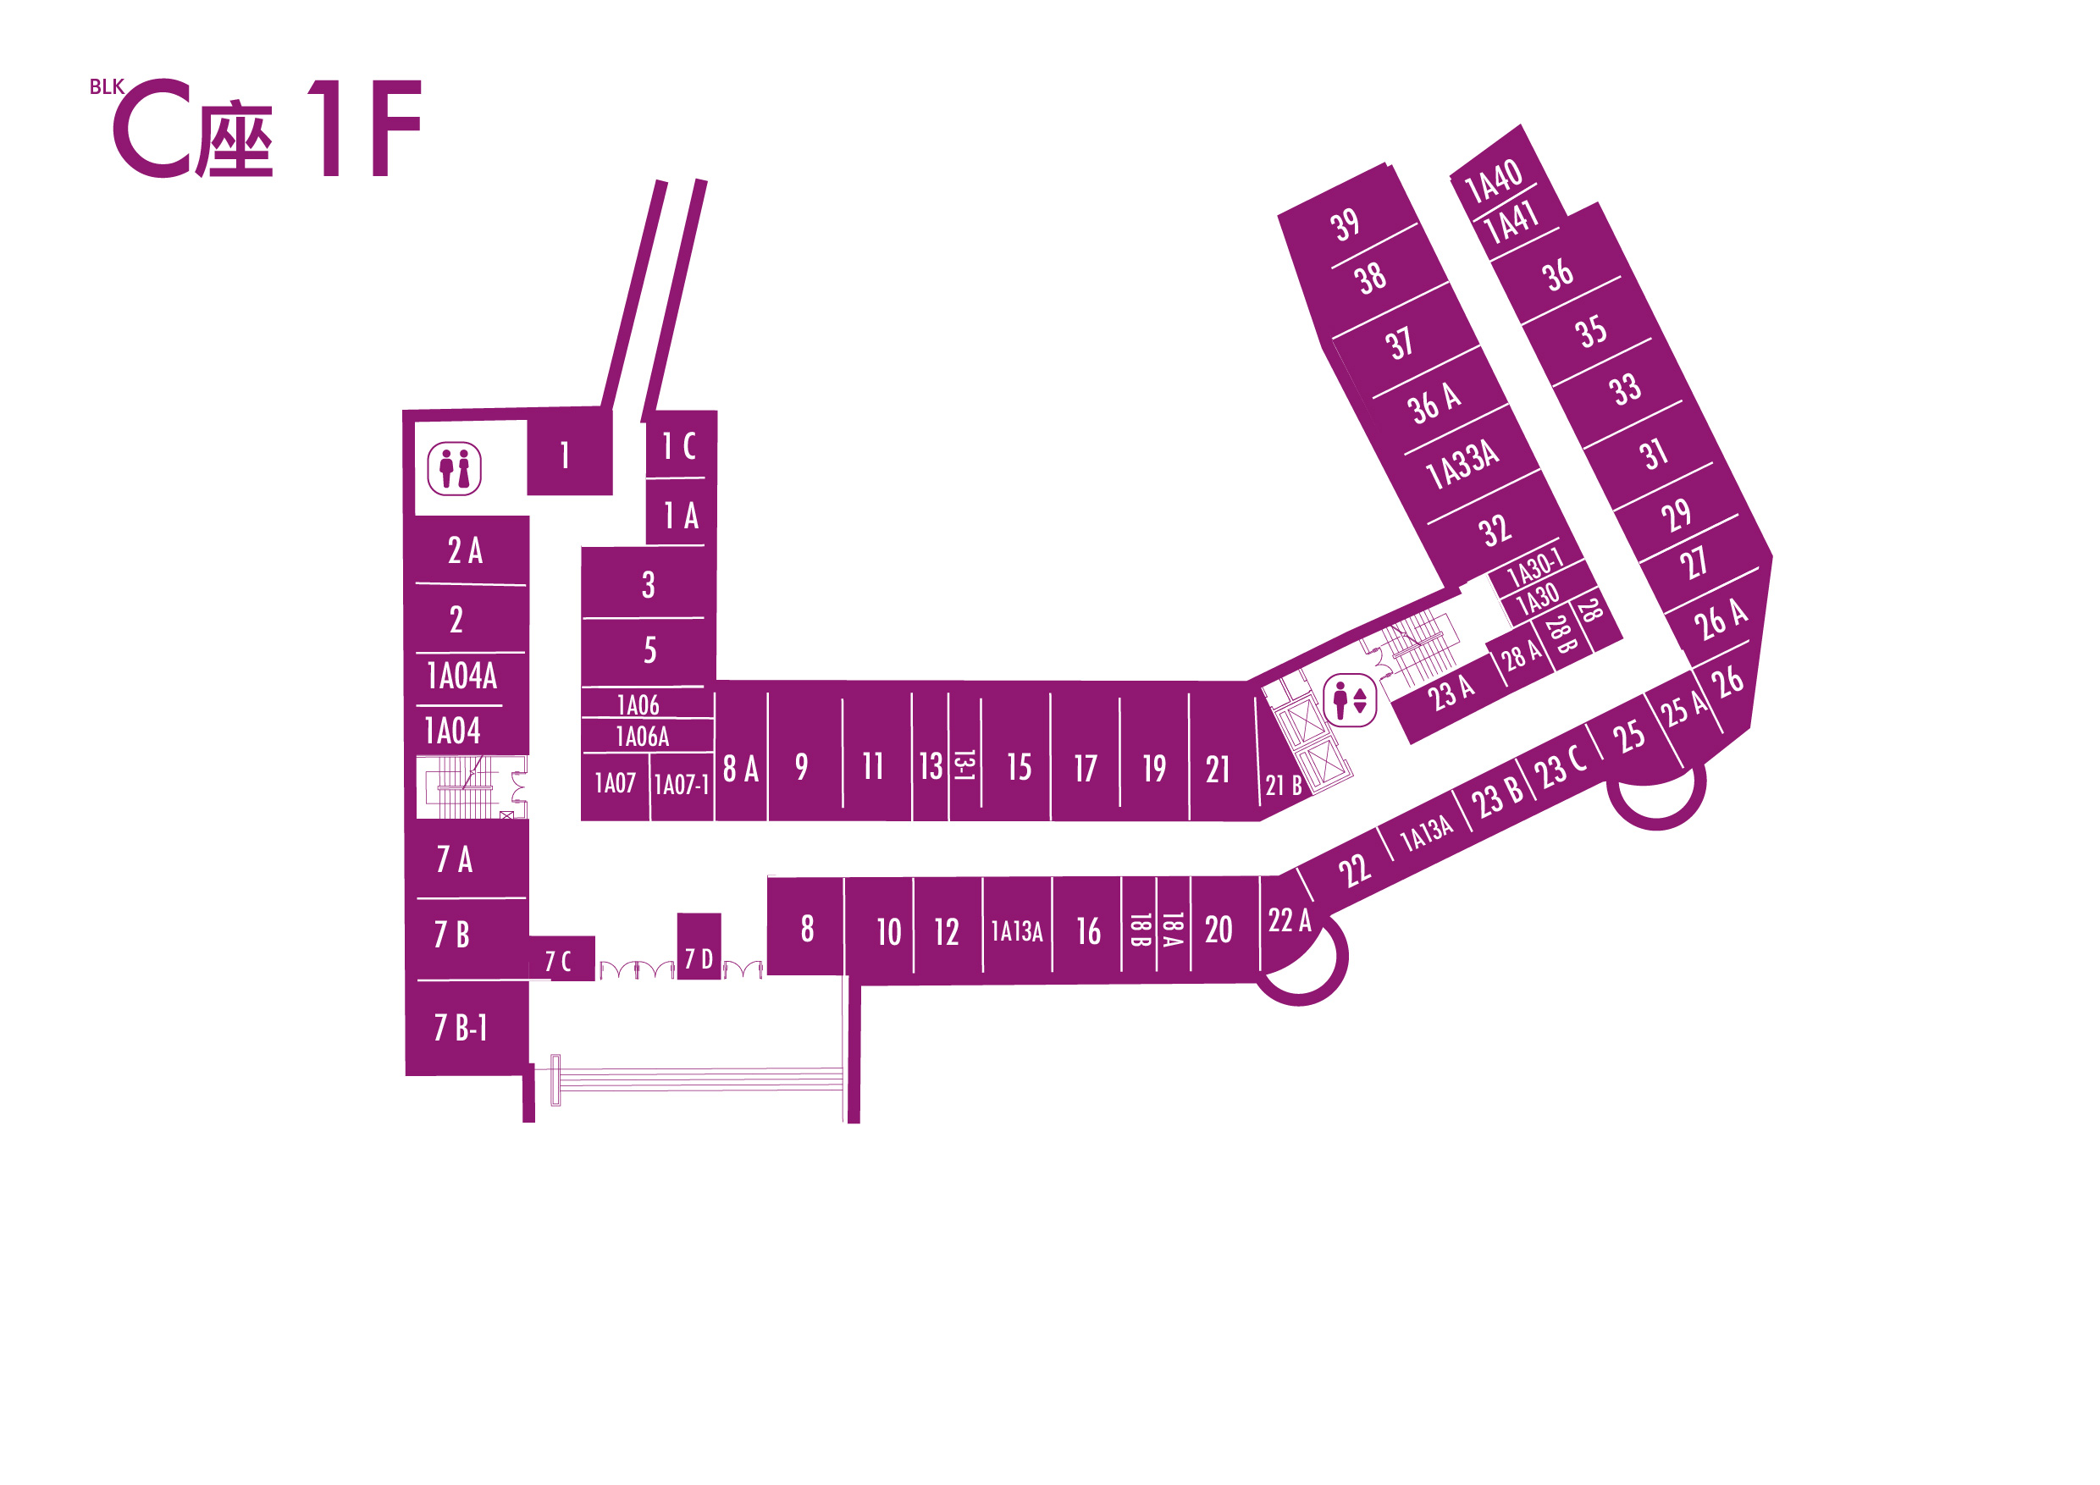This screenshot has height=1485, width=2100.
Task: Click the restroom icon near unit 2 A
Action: (455, 469)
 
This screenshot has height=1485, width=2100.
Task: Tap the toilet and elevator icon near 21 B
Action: (1349, 700)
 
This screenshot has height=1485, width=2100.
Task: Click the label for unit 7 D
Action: (699, 958)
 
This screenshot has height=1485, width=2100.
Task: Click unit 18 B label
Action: (1139, 930)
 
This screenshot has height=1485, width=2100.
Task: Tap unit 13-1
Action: (964, 765)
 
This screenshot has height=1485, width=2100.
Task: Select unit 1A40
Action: (1494, 180)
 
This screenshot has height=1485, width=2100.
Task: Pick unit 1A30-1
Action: (1534, 568)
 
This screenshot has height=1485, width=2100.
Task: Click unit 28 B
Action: (1561, 633)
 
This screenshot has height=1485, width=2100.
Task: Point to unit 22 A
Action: (1289, 920)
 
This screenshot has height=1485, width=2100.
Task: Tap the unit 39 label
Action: (1345, 224)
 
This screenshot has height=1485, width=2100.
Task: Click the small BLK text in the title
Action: (106, 87)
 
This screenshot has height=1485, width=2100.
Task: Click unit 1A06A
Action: (642, 736)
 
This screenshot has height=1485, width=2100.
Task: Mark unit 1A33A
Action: (1462, 464)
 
